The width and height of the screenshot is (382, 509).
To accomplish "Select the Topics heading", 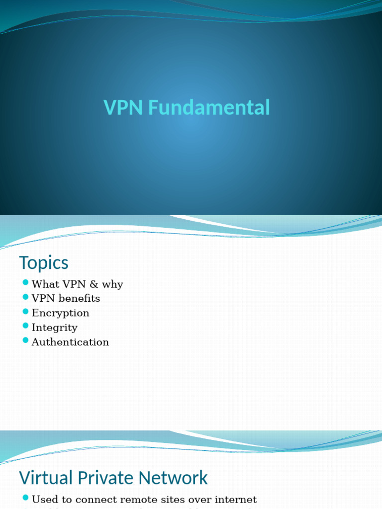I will pyautogui.click(x=44, y=263).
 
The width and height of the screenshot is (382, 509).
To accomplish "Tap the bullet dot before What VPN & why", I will pyautogui.click(x=26, y=283).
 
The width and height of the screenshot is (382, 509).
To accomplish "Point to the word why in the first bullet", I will pyautogui.click(x=112, y=285).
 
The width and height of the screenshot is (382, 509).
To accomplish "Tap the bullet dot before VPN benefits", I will pyautogui.click(x=26, y=297).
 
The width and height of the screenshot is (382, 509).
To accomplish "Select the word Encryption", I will pyautogui.click(x=60, y=313).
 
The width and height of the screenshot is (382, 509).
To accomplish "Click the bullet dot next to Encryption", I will pyautogui.click(x=26, y=312).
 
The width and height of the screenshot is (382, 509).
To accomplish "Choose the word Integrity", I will pyautogui.click(x=54, y=328).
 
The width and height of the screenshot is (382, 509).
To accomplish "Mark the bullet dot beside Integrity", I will pyautogui.click(x=26, y=326).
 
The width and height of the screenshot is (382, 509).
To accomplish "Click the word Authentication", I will pyautogui.click(x=70, y=342).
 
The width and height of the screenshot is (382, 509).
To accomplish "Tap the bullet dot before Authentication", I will pyautogui.click(x=26, y=340).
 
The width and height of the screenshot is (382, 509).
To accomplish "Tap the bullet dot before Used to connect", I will pyautogui.click(x=26, y=498).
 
